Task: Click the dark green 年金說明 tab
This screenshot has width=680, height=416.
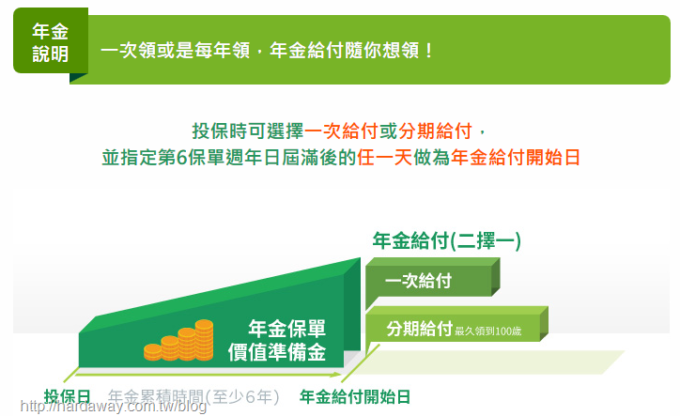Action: (51, 40)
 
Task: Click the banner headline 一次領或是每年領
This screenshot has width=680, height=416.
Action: (176, 51)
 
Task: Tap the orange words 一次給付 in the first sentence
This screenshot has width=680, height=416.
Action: (341, 131)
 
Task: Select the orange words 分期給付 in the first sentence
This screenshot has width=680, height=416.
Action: (435, 131)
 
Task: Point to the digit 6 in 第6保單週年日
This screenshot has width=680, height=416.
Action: (181, 158)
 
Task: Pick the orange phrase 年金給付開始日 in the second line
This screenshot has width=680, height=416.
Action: (516, 158)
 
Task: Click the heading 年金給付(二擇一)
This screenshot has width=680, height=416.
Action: (447, 240)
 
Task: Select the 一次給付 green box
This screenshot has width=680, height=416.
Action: (432, 281)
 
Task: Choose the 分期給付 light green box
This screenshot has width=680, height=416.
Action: (456, 329)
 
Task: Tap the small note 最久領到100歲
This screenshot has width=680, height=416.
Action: (487, 331)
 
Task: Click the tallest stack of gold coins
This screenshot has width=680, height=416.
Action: (204, 340)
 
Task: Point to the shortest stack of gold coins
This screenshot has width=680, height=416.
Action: (153, 352)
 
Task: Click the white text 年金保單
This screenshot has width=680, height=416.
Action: (286, 329)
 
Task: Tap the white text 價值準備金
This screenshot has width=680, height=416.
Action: (277, 352)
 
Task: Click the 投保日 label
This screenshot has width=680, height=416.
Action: (68, 396)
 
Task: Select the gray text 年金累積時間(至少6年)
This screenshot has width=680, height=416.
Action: (193, 396)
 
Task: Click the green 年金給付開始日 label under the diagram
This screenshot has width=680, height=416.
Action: (355, 396)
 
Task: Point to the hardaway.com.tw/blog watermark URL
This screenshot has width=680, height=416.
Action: (114, 407)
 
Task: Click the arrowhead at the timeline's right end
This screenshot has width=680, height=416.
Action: (337, 374)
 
